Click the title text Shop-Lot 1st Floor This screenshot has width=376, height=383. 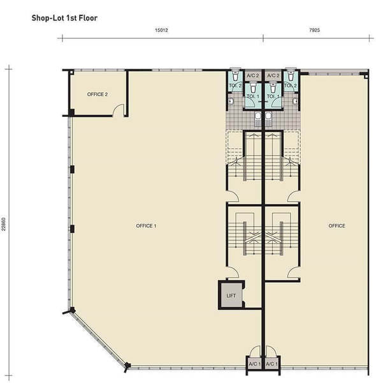click(64, 18)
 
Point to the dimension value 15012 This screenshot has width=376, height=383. click(161, 30)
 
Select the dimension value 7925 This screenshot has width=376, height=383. click(315, 30)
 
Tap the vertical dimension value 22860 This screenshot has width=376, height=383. click(3, 224)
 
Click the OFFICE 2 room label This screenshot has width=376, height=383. click(98, 94)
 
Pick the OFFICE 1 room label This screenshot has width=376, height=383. click(146, 226)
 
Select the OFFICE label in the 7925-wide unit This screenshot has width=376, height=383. click(336, 226)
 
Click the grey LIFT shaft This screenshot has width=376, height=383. click(231, 296)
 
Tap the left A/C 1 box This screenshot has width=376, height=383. click(254, 364)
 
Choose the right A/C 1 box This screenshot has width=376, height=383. click(271, 364)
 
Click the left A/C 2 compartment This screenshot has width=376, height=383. click(252, 76)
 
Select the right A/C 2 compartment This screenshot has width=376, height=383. click(273, 76)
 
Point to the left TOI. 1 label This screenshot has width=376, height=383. click(253, 96)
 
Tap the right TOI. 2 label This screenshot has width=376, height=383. click(291, 86)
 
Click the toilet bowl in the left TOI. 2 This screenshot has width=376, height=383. click(235, 75)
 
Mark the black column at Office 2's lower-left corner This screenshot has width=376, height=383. click(71, 113)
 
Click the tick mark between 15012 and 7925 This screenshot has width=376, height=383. click(263, 38)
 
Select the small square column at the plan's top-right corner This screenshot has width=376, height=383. click(366, 77)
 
